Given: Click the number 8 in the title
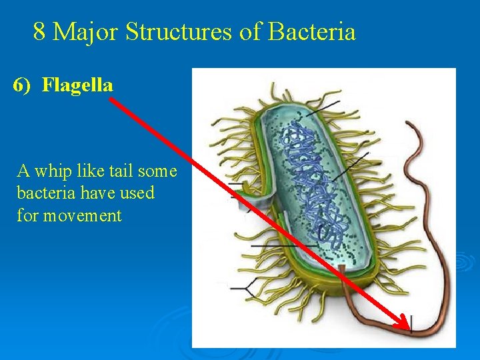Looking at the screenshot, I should (39, 31).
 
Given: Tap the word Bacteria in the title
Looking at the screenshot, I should (311, 31).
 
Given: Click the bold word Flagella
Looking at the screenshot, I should (77, 85).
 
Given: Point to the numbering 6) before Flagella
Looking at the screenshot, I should (24, 85).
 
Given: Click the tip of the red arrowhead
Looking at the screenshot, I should (409, 329).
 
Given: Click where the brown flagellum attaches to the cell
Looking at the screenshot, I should (342, 271).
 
